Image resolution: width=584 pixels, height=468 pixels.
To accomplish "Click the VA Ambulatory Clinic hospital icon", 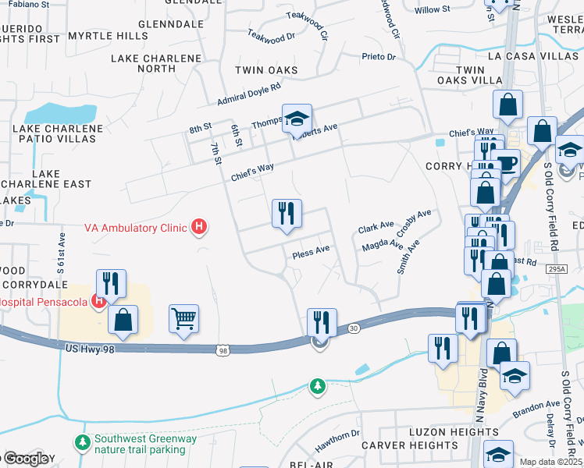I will click(x=199, y=227).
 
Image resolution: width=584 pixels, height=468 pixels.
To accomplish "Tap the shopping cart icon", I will click(x=183, y=318).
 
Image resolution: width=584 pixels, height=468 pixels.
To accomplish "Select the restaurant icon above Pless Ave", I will click(x=286, y=213).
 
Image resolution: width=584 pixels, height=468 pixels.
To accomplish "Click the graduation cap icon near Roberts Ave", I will click(x=297, y=119).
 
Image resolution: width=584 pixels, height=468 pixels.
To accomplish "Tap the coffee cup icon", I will click(x=507, y=163).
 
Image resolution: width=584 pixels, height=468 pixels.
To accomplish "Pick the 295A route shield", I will click(x=556, y=268).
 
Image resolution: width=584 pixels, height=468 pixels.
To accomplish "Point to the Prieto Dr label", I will click(x=379, y=57).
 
